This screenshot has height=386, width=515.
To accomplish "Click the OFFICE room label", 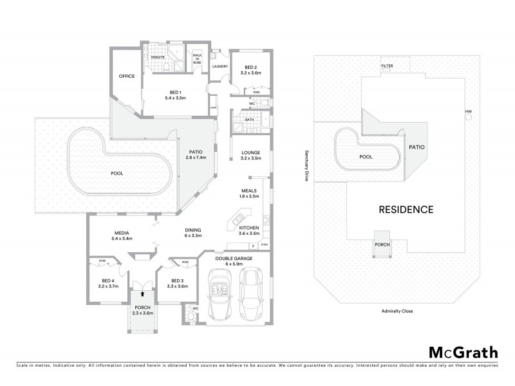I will pyautogui.click(x=126, y=77).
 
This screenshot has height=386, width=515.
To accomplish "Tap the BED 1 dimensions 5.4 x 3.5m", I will pyautogui.click(x=174, y=98).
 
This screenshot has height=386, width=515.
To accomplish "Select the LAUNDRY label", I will pyautogui.click(x=220, y=66).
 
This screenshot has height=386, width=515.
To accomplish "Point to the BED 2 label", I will pyautogui.click(x=251, y=68).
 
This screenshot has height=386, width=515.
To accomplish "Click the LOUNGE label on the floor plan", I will pyautogui.click(x=251, y=152).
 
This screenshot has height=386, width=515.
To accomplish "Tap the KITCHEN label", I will pyautogui.click(x=249, y=228).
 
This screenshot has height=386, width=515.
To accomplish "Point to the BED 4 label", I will pyautogui.click(x=108, y=280).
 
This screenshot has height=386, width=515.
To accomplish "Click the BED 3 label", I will pyautogui.click(x=177, y=280).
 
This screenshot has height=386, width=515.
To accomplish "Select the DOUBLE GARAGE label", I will pyautogui.click(x=235, y=257).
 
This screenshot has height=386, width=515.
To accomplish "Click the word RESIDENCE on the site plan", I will pyautogui.click(x=405, y=210).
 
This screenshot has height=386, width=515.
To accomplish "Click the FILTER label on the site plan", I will pyautogui.click(x=387, y=66).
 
